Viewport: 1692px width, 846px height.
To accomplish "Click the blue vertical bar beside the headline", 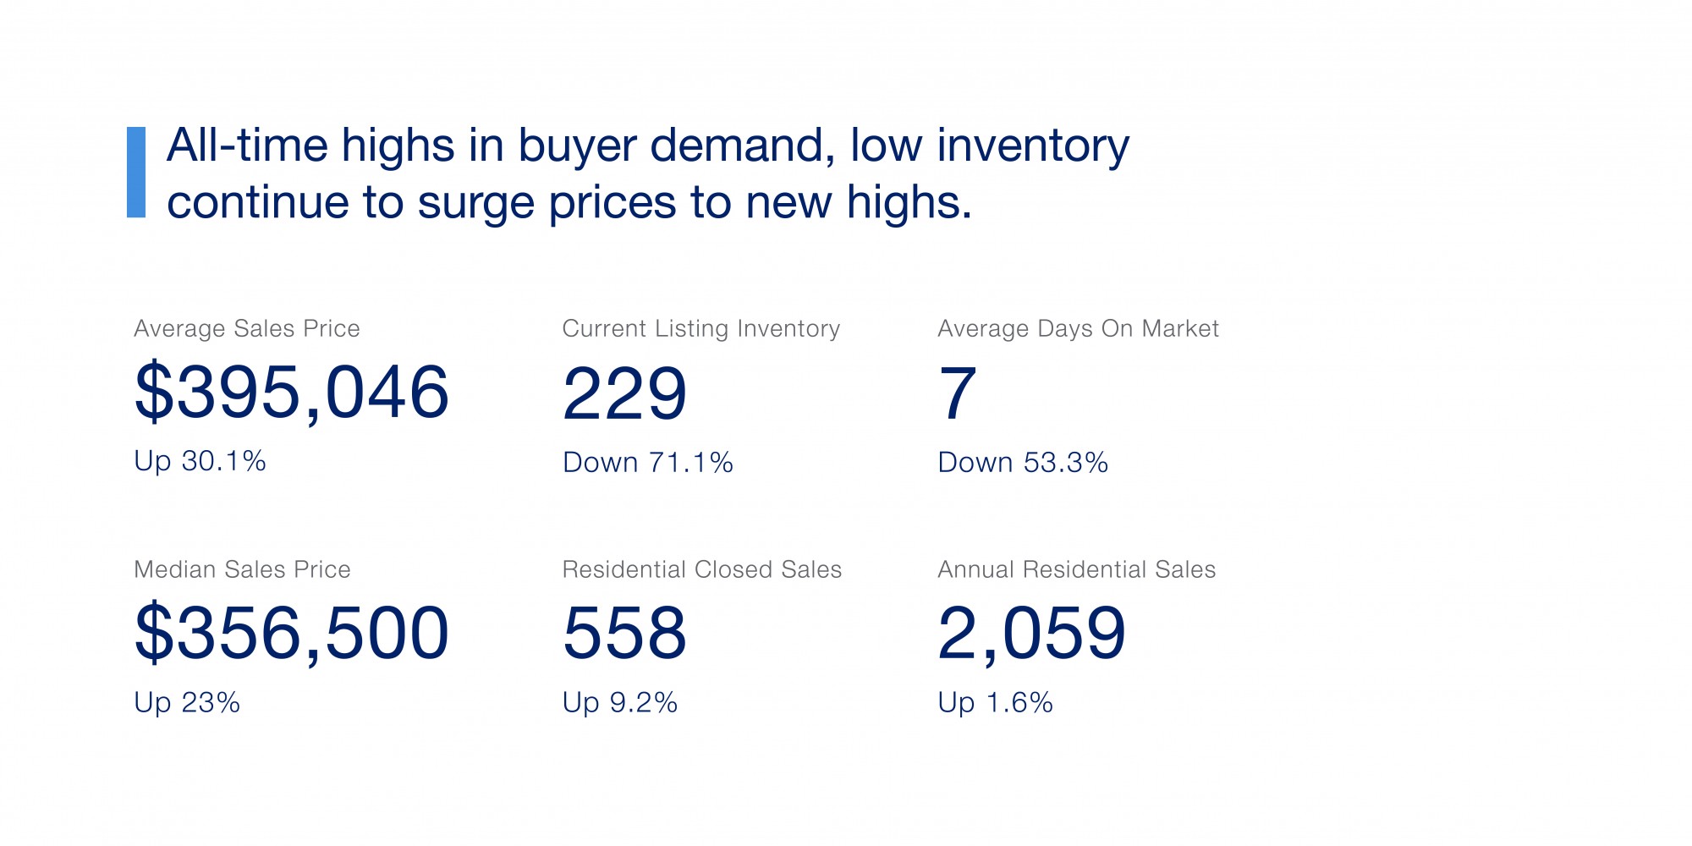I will (x=136, y=173).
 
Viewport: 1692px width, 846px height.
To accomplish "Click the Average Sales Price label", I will (x=247, y=328).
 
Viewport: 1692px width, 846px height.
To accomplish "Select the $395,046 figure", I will (x=292, y=392).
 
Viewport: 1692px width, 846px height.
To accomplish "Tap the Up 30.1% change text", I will (x=201, y=461).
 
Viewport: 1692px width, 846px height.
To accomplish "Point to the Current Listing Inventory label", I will (x=701, y=328).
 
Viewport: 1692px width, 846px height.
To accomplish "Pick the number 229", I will (x=625, y=393).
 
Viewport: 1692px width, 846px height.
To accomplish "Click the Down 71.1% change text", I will (x=648, y=463).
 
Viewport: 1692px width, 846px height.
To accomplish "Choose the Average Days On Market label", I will (x=1078, y=328).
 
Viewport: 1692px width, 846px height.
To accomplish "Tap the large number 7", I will (x=958, y=393).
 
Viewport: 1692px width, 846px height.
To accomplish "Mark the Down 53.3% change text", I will (x=1023, y=463).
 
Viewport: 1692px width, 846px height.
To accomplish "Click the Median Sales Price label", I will (x=242, y=569).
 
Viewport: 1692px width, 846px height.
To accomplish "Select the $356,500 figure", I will (x=292, y=633).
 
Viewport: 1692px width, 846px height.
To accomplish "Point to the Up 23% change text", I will (x=187, y=703).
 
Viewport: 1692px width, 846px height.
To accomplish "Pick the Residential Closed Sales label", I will (x=702, y=569).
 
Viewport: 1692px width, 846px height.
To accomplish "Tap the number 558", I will (x=625, y=633).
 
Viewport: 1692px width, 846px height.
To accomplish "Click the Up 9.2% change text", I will (x=620, y=703).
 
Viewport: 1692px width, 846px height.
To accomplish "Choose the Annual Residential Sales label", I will (x=1077, y=569).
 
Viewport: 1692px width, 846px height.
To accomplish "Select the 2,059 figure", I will (x=1032, y=633).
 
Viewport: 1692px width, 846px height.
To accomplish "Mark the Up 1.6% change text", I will (x=996, y=703).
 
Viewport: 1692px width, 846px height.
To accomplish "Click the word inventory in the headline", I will (x=1033, y=146).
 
